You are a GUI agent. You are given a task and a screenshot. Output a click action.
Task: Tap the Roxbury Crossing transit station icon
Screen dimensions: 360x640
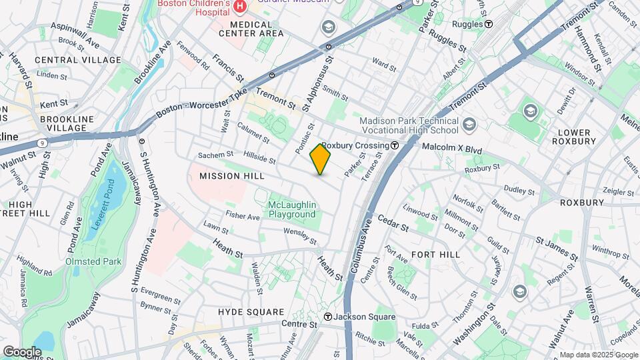coord(395,145)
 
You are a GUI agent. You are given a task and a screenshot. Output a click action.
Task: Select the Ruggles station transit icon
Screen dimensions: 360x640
coord(489,23)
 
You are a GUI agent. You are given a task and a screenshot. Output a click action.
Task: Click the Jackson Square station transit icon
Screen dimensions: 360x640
coord(328,317)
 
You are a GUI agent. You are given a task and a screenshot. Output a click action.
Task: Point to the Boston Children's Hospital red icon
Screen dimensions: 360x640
coord(239,6)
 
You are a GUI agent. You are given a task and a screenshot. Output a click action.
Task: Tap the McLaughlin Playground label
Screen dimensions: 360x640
coord(291,209)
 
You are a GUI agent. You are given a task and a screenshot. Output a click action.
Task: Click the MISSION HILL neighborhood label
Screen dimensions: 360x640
coord(231,176)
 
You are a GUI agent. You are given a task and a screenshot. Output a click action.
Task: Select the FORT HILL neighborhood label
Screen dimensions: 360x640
coord(435,255)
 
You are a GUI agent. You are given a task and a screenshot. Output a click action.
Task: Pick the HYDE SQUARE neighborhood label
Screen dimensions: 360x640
coord(251,312)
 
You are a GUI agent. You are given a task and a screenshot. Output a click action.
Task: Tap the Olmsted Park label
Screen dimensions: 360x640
coord(93,261)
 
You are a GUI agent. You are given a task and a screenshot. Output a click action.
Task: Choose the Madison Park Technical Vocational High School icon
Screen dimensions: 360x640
coord(470,125)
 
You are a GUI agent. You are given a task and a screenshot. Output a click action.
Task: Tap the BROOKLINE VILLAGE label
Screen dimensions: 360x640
coord(64,123)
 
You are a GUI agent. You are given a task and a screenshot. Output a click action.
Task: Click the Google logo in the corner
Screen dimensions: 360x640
coord(22,351)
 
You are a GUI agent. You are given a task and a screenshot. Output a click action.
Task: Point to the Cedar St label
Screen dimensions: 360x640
coord(393,222)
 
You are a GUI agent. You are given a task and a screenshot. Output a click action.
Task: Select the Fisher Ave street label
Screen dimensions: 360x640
coord(242,217)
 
